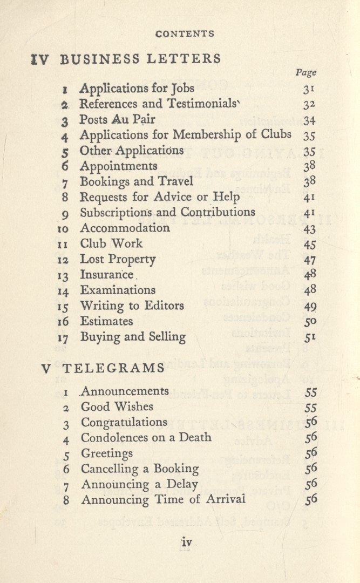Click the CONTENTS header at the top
[x=185, y=33]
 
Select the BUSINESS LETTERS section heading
[x=140, y=59]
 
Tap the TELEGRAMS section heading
[x=113, y=368]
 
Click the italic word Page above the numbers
[x=306, y=72]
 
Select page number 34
[x=309, y=120]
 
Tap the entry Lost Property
[x=118, y=259]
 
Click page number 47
[x=309, y=260]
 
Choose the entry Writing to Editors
[x=132, y=306]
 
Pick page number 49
[x=309, y=306]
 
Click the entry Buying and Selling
[x=133, y=337]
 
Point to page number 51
[x=309, y=338]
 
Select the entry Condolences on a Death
[x=146, y=437]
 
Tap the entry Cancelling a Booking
[x=140, y=469]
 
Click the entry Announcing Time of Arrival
[x=163, y=500]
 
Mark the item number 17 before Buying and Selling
[x=64, y=338]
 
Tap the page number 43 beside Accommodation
[x=309, y=229]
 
